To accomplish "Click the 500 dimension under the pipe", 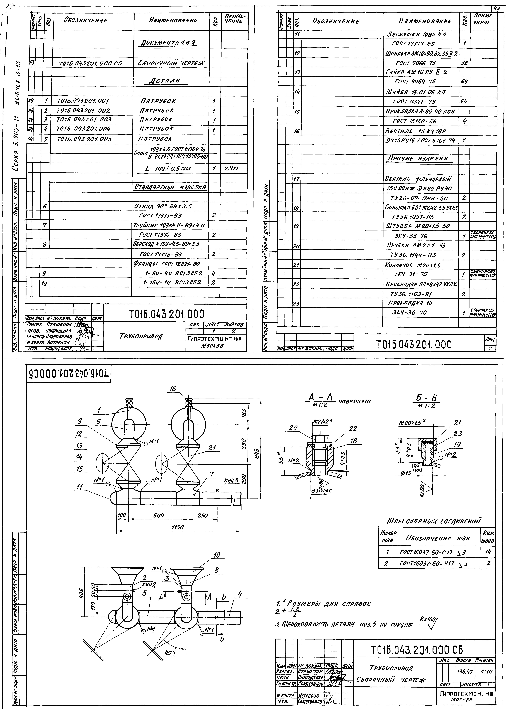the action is [158, 515].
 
